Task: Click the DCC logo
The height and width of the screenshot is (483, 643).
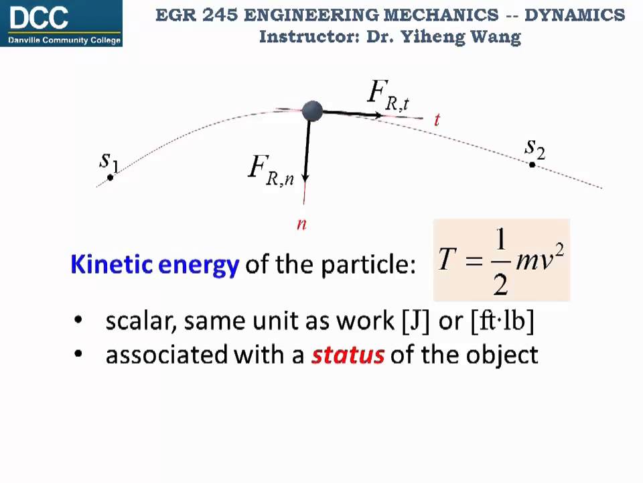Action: pos(62,23)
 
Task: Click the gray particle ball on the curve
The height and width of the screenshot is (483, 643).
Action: pos(312,111)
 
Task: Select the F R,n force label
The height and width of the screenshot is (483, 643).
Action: pos(271,170)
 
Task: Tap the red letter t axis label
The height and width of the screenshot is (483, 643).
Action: pos(437,120)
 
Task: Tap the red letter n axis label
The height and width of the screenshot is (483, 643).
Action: pos(301,224)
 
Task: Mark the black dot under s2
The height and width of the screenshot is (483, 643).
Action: pos(532,164)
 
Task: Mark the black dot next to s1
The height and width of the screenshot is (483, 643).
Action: pos(111,177)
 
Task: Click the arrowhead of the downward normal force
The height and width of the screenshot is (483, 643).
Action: pos(305,178)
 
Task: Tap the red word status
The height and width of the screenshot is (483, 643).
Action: pos(348,354)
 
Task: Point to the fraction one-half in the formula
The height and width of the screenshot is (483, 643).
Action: pos(500,261)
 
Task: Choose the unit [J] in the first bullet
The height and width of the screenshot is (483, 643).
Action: pos(416,321)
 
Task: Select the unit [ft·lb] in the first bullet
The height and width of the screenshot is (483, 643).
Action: pos(502,321)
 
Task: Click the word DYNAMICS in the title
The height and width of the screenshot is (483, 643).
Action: pos(574,15)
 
